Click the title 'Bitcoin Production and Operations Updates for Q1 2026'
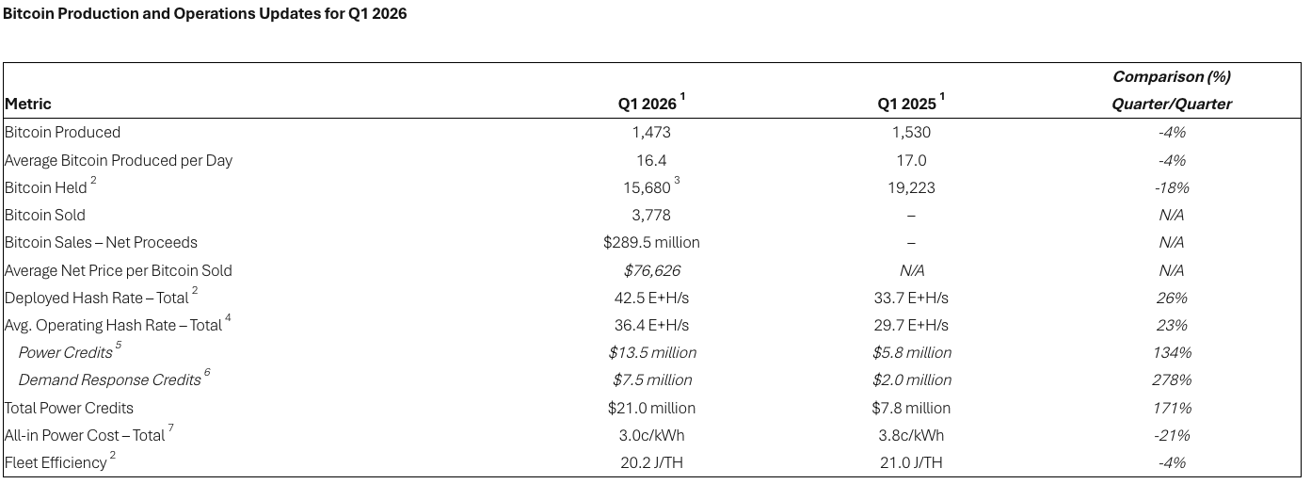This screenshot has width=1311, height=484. click(x=205, y=14)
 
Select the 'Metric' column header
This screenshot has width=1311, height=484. click(x=28, y=104)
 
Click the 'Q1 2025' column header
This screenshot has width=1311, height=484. click(x=907, y=105)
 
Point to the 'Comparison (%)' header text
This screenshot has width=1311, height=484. click(x=1171, y=76)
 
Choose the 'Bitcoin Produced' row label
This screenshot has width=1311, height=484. click(x=63, y=133)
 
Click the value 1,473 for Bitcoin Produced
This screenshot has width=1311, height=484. click(x=651, y=133)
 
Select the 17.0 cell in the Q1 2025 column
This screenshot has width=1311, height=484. click(x=911, y=160)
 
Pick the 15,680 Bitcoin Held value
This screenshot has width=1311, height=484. click(x=648, y=188)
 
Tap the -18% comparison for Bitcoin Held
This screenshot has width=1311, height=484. click(x=1172, y=188)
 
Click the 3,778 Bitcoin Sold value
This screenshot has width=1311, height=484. click(x=651, y=216)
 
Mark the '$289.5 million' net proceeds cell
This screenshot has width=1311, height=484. click(x=651, y=243)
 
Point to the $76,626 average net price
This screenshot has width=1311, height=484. click(x=651, y=271)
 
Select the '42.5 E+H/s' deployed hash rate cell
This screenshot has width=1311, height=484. click(x=651, y=298)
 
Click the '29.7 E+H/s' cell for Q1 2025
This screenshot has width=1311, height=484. click(x=911, y=326)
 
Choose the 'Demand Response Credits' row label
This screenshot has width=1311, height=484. click(x=110, y=380)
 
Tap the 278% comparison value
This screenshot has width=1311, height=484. click(x=1172, y=380)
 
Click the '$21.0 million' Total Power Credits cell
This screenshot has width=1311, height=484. click(x=651, y=409)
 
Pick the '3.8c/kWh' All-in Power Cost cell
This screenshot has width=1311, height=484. click(x=911, y=436)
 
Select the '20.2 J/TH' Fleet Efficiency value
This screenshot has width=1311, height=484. click(x=651, y=463)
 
